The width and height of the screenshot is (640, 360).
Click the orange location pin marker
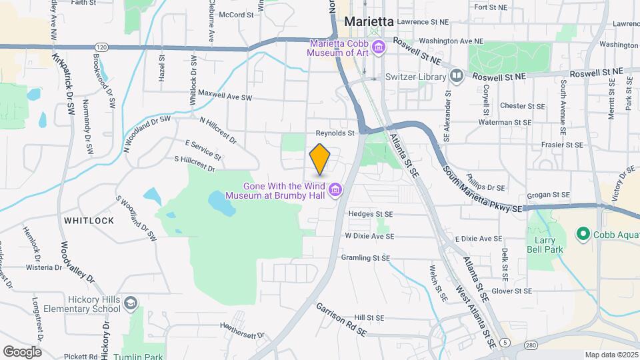(x=320, y=158)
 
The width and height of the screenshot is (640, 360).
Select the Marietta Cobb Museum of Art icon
(x=379, y=47)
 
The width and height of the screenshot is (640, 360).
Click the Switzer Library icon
(x=457, y=75)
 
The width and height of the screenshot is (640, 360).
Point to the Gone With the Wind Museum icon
(x=335, y=191)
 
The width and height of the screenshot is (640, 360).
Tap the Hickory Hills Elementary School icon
(x=131, y=304)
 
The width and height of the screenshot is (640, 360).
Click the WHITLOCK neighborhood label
(x=89, y=220)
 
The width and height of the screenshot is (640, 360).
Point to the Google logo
(x=22, y=351)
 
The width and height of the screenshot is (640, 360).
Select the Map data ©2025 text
(x=611, y=355)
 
